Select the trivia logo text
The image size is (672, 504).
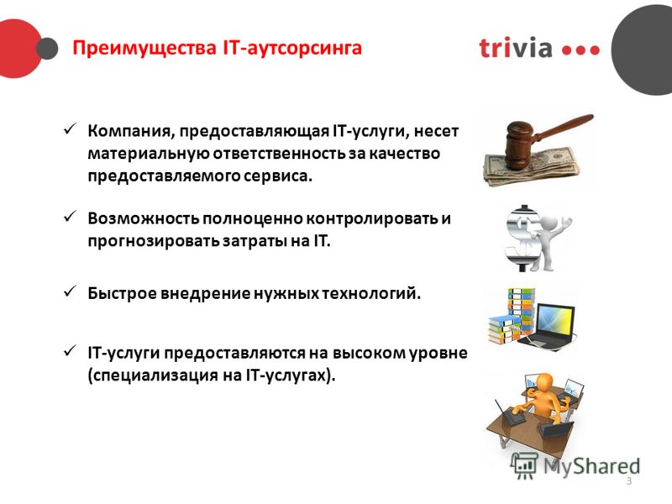tap(516, 47)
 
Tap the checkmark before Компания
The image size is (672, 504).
tap(70, 129)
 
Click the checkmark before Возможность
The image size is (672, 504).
tap(70, 216)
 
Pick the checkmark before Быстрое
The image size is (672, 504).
tap(70, 291)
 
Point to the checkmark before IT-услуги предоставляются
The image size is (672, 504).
tap(70, 350)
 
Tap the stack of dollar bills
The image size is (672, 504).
tap(533, 167)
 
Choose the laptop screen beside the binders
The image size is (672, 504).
tap(556, 320)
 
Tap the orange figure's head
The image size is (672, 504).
tap(544, 383)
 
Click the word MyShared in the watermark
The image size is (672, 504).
tap(591, 466)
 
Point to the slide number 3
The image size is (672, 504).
tap(628, 480)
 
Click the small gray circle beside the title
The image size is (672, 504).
tap(47, 49)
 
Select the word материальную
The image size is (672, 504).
tap(149, 154)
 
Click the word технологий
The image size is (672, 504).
tap(371, 293)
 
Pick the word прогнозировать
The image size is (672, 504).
tap(154, 241)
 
